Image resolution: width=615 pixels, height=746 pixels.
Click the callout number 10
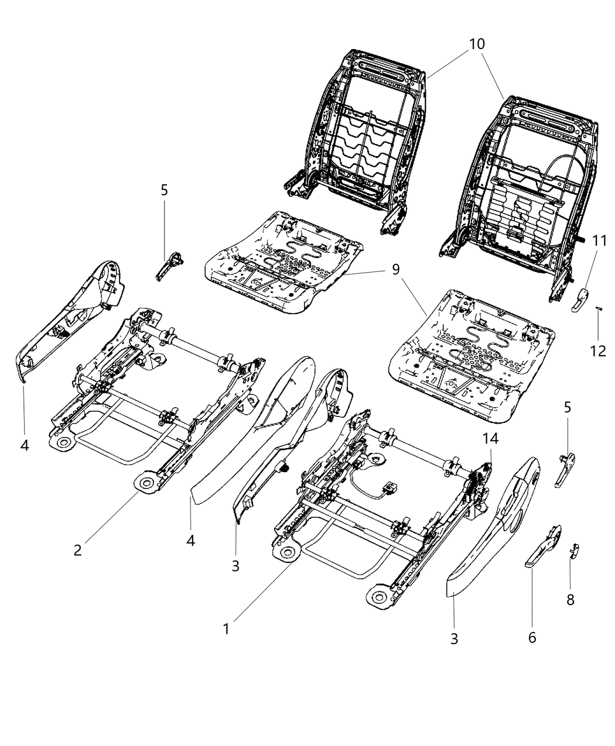[476, 44]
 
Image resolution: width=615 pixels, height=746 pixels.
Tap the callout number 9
[396, 269]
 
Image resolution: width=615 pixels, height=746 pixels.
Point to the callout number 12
[599, 351]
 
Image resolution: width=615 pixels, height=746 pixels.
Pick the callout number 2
[77, 549]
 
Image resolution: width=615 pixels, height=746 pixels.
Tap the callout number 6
[532, 637]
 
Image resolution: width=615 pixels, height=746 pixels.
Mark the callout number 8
[570, 599]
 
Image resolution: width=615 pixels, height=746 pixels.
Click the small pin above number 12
[599, 309]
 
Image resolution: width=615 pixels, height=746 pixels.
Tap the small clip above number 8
[575, 549]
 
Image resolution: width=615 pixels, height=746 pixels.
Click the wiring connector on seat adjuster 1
[387, 487]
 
